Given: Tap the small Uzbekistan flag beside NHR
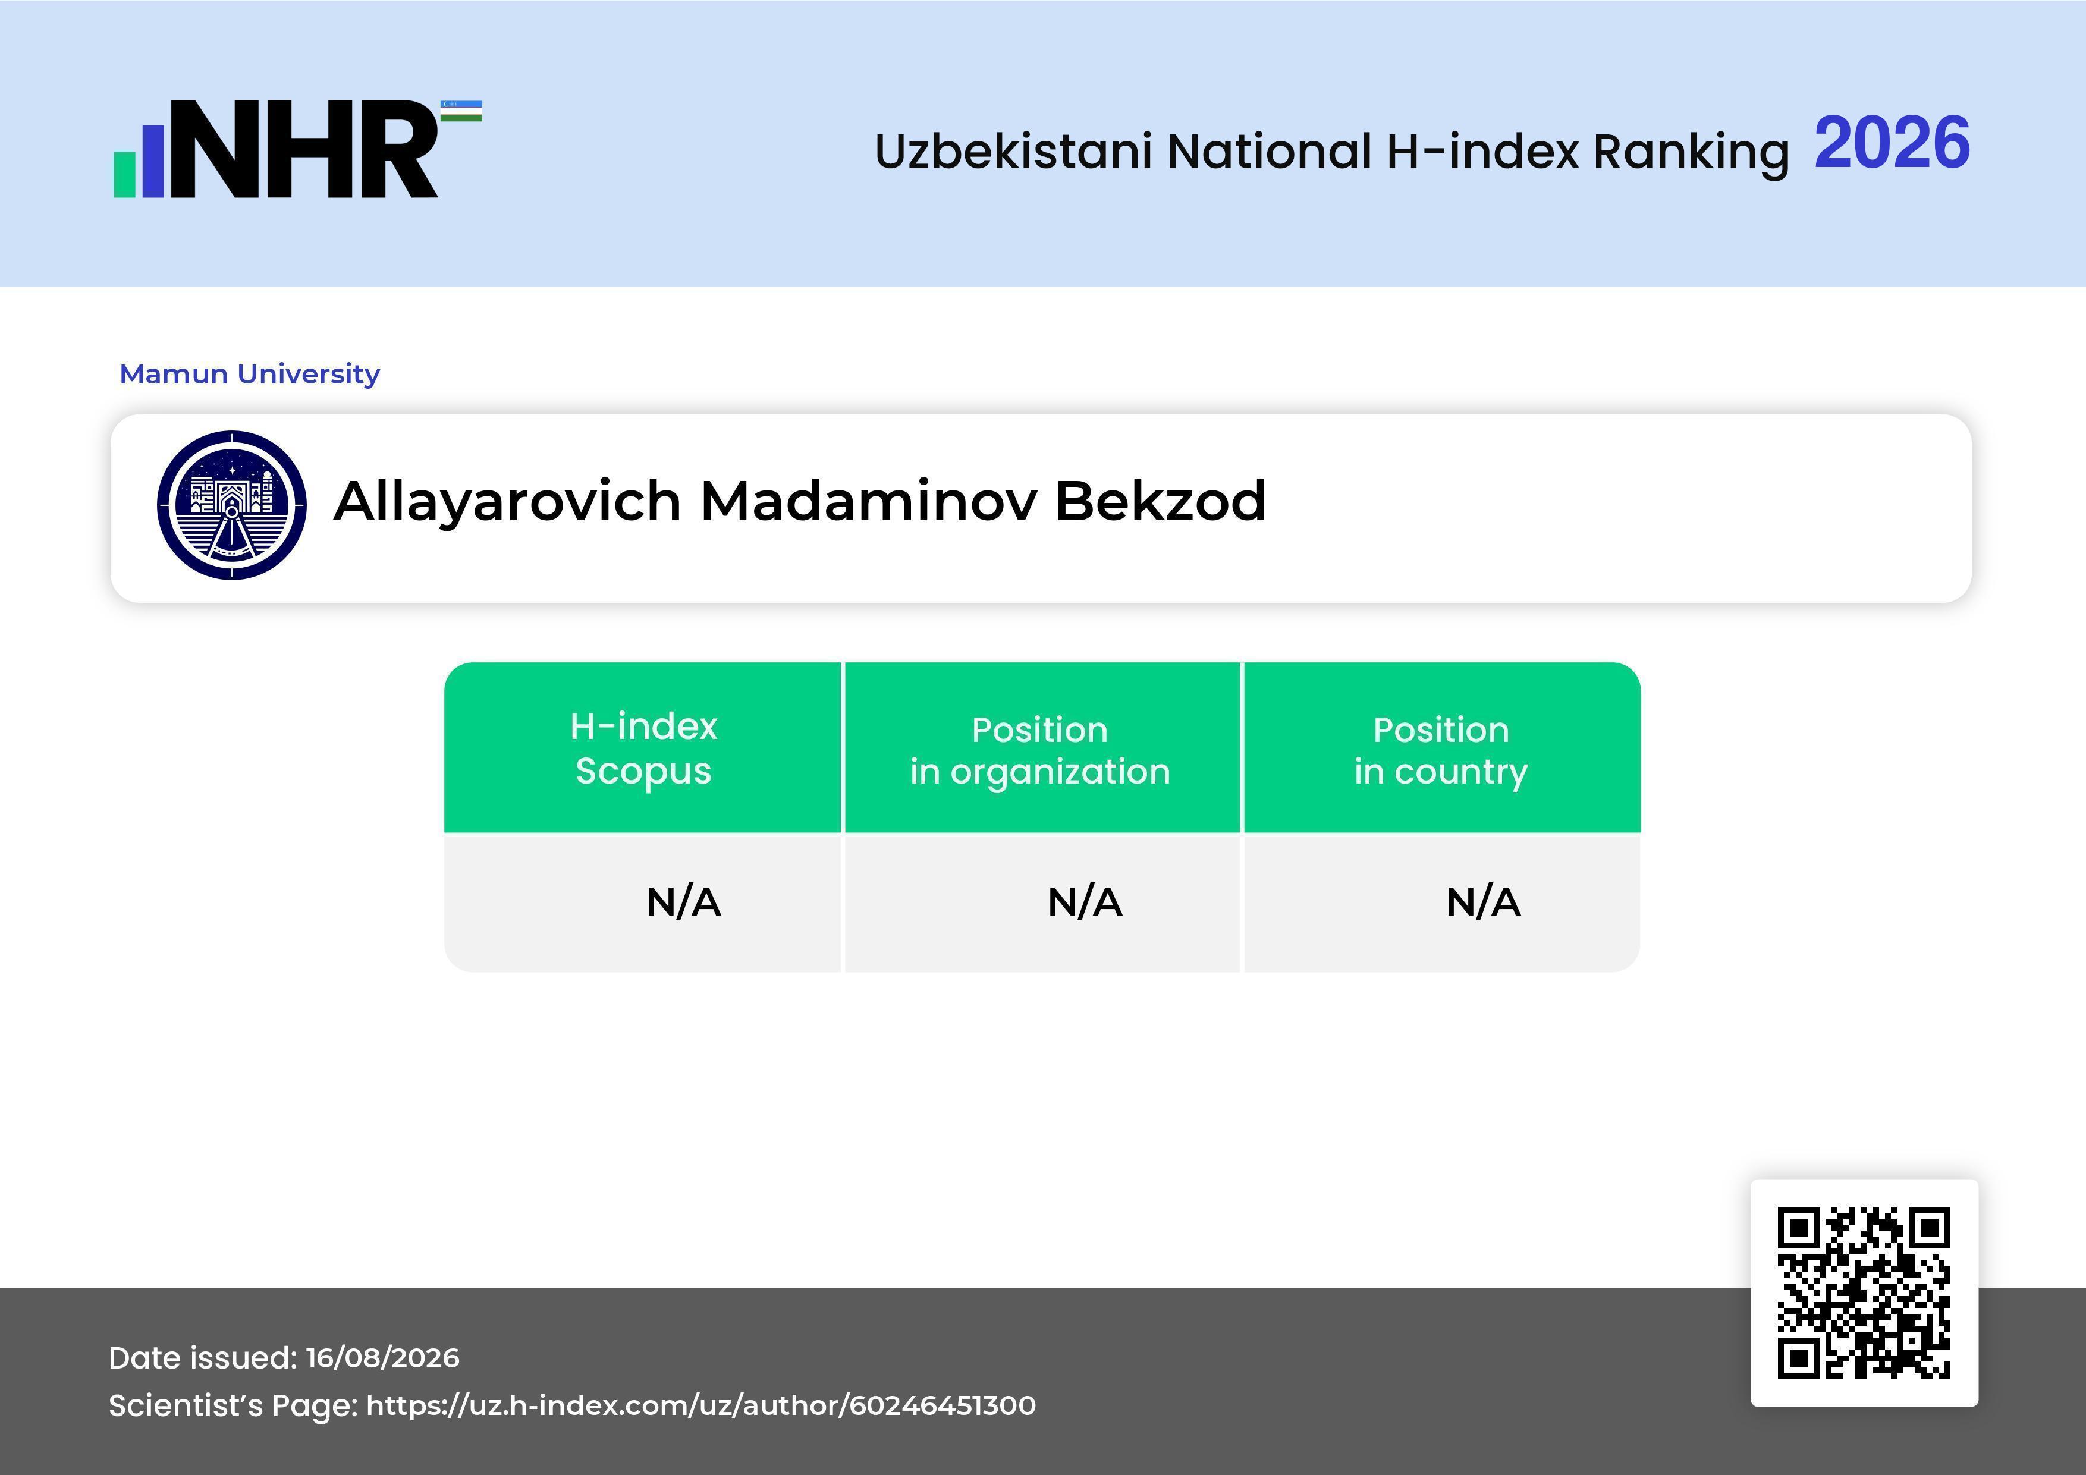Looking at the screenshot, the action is (x=461, y=111).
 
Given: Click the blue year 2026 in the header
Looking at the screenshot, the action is (x=1892, y=143).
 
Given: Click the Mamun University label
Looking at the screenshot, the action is (x=250, y=373).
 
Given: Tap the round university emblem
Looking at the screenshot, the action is (x=232, y=505).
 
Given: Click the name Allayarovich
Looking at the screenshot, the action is (x=508, y=502).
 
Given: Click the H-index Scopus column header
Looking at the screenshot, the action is (x=643, y=748).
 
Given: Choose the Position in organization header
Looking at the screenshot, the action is (x=1040, y=750).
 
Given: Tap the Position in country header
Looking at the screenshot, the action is (x=1441, y=750).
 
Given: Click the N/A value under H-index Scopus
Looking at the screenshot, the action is (x=683, y=902).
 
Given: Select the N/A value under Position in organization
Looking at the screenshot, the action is (x=1085, y=902).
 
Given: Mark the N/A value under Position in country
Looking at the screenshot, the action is (x=1482, y=902).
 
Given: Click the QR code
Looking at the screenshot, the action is (x=1864, y=1292).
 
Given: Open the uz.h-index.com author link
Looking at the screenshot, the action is (x=700, y=1405).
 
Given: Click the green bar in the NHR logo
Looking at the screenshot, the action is (x=124, y=174).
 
